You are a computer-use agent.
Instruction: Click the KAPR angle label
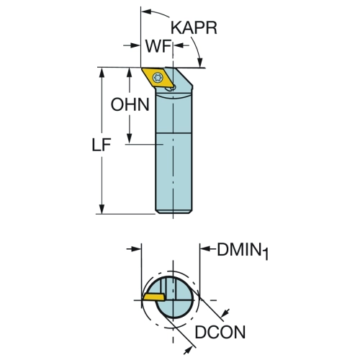194,28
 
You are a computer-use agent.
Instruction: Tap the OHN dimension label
130,104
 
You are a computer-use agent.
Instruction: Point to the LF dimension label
102,145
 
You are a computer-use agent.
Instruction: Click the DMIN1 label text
243,251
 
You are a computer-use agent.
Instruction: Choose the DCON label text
220,332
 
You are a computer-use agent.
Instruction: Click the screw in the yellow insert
158,77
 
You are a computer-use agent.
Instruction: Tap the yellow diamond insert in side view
158,78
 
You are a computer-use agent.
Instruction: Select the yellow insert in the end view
154,297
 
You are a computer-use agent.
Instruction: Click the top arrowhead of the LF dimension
102,73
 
